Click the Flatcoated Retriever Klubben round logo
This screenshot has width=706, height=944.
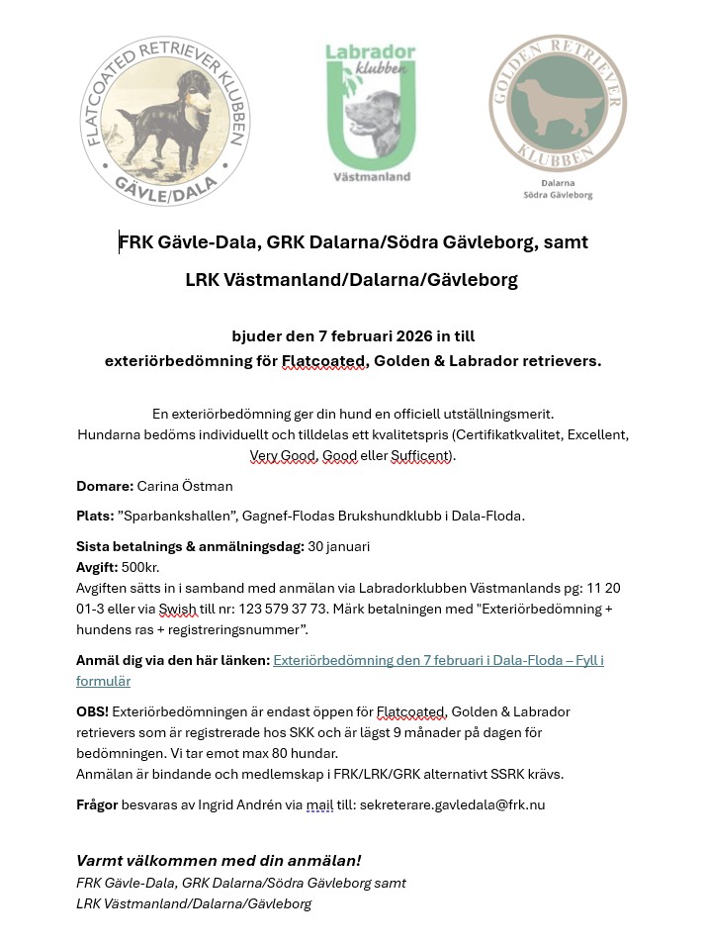click(163, 122)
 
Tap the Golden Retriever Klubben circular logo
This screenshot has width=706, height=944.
click(558, 104)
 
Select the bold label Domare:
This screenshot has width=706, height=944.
click(105, 487)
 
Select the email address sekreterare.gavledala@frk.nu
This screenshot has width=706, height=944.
click(452, 805)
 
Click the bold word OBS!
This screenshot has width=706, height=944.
click(92, 711)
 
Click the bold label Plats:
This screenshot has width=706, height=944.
click(95, 517)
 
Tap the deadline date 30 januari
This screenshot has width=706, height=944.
click(339, 546)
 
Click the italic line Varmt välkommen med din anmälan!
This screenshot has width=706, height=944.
click(219, 861)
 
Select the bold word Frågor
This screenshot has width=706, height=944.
click(97, 805)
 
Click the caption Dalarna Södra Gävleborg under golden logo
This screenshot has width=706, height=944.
click(558, 190)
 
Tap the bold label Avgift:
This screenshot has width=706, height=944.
click(98, 568)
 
